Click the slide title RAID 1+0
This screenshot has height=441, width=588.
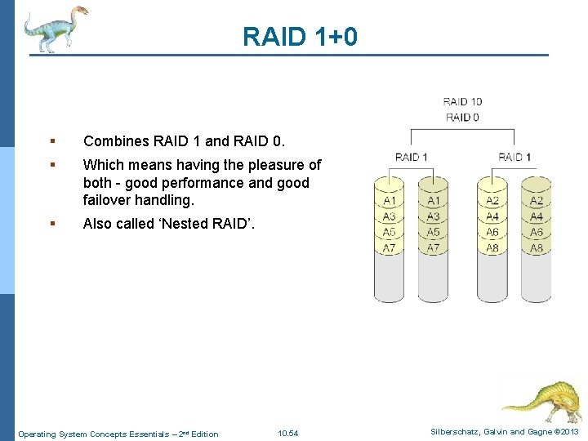tap(300, 37)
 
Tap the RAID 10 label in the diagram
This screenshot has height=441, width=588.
tap(462, 102)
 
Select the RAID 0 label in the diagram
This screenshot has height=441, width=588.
tap(462, 118)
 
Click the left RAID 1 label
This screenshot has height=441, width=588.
tap(412, 157)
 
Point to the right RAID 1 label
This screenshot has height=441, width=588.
tap(514, 157)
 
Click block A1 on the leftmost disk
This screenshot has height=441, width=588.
tap(390, 201)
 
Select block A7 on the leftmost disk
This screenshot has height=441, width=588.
tap(390, 247)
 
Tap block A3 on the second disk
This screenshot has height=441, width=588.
tap(434, 216)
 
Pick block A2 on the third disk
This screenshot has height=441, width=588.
tap(492, 201)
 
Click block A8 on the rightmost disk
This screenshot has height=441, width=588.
tap(537, 247)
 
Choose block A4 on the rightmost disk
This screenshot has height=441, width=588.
tap(537, 216)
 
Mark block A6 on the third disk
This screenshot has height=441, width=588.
tap(492, 232)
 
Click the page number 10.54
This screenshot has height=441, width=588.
tap(287, 433)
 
